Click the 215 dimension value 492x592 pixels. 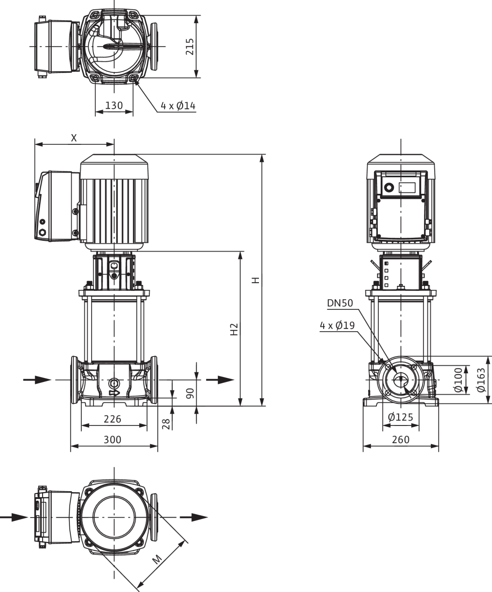pos(190,47)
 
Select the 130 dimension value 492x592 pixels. pos(114,105)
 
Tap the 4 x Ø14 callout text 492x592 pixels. pos(178,106)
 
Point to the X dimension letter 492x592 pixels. pos(74,138)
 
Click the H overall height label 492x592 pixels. pos(256,280)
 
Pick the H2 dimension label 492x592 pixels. pos(234,329)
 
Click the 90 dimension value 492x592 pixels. pos(190,393)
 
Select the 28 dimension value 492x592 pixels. pos(166,424)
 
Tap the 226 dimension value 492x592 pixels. pos(112,419)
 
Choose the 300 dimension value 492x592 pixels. pos(112,440)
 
